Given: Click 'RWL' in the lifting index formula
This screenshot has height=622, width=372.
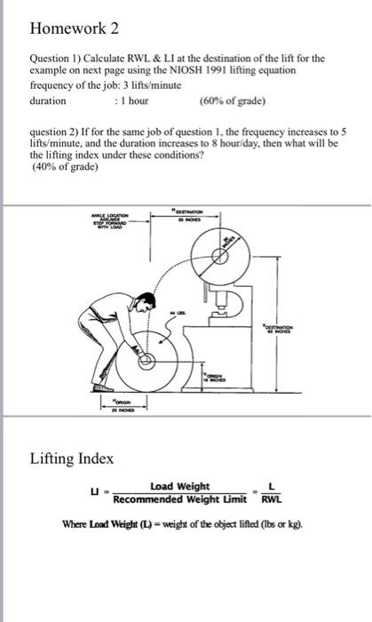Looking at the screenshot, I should tap(273, 498).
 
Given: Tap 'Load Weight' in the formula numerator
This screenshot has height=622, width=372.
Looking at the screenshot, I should tap(180, 486).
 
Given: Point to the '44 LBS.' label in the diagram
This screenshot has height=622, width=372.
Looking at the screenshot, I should tap(181, 313).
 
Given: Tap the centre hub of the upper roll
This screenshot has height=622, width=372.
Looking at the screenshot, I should tap(219, 255).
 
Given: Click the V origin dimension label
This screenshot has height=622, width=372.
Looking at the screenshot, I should tap(216, 376).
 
